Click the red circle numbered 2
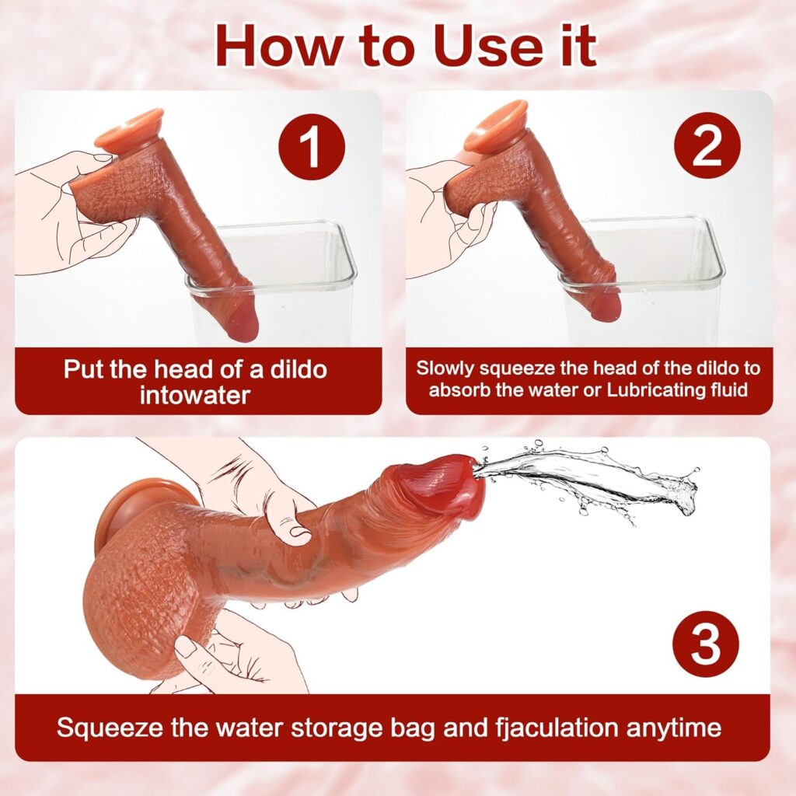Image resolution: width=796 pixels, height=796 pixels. pyautogui.click(x=707, y=145)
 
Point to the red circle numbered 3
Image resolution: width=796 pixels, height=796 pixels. pyautogui.click(x=705, y=644)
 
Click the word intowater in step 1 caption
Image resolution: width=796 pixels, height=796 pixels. pyautogui.click(x=195, y=395)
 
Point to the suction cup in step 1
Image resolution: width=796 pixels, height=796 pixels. pyautogui.click(x=129, y=130)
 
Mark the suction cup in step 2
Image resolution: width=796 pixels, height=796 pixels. pyautogui.click(x=497, y=128)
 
